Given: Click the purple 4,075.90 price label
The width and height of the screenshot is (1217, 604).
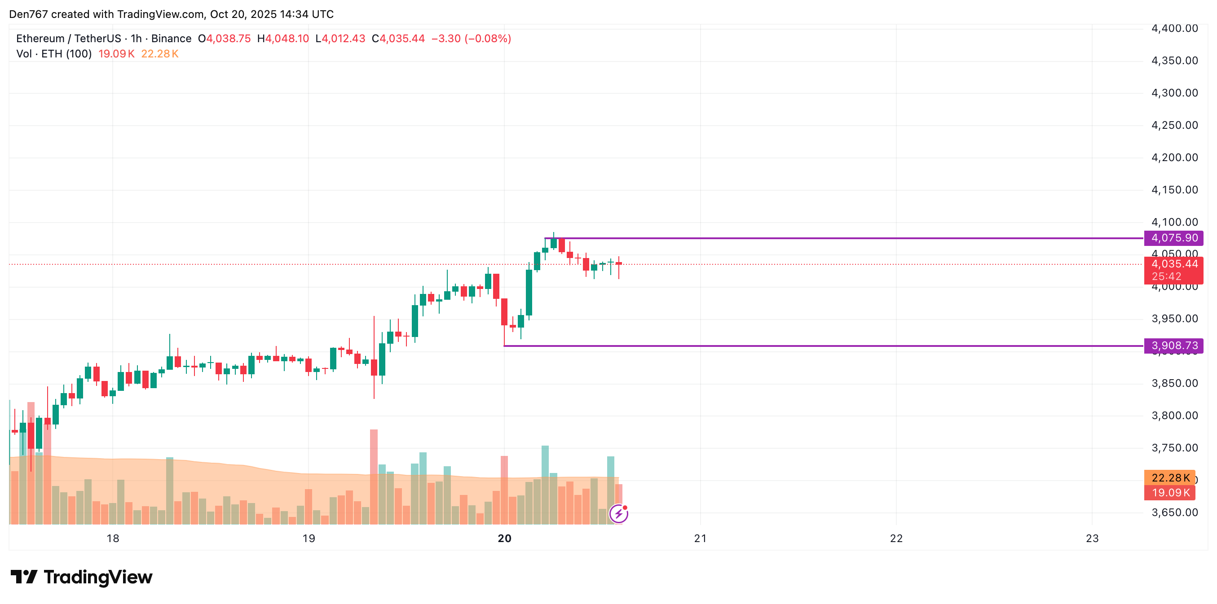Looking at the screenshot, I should [1173, 238].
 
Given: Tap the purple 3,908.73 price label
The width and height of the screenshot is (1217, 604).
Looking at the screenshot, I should [1173, 346].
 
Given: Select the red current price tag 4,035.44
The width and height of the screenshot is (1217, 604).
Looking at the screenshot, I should [1173, 264].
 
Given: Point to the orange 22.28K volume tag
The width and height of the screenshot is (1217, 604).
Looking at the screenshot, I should [1170, 478].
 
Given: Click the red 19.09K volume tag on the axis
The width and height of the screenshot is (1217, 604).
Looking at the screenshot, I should [1170, 493].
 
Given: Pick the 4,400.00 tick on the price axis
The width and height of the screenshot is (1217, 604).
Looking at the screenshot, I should [1174, 28].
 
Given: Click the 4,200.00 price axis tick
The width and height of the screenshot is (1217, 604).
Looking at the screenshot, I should [1174, 158].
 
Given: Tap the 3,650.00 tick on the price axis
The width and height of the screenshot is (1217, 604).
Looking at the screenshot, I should [1174, 513].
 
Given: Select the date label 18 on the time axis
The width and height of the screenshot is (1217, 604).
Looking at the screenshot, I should [113, 538].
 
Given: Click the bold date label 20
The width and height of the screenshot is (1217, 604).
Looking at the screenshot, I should [505, 538].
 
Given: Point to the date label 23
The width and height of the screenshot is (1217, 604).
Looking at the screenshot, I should [1092, 538].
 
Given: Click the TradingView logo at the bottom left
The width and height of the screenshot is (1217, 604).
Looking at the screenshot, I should [82, 577].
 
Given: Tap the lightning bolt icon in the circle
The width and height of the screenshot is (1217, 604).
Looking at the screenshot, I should [618, 514].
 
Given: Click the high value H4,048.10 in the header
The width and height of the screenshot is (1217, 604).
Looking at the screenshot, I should [283, 39].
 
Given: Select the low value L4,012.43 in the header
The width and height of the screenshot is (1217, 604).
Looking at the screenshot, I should [340, 39].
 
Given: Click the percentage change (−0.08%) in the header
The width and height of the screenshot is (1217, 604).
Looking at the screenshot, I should [488, 39].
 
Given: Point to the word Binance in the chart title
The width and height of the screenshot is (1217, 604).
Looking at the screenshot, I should [171, 39].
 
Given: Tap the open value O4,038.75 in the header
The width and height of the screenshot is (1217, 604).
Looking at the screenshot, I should [225, 39].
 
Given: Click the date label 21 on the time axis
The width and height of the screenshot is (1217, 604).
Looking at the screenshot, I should [700, 538].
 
